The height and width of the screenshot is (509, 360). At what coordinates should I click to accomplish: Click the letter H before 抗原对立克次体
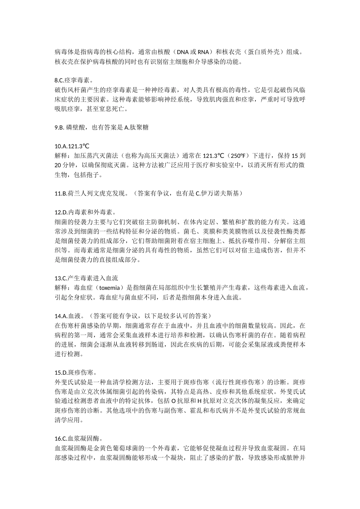(199, 401)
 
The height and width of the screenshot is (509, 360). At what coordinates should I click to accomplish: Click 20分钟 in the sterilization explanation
(63, 165)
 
